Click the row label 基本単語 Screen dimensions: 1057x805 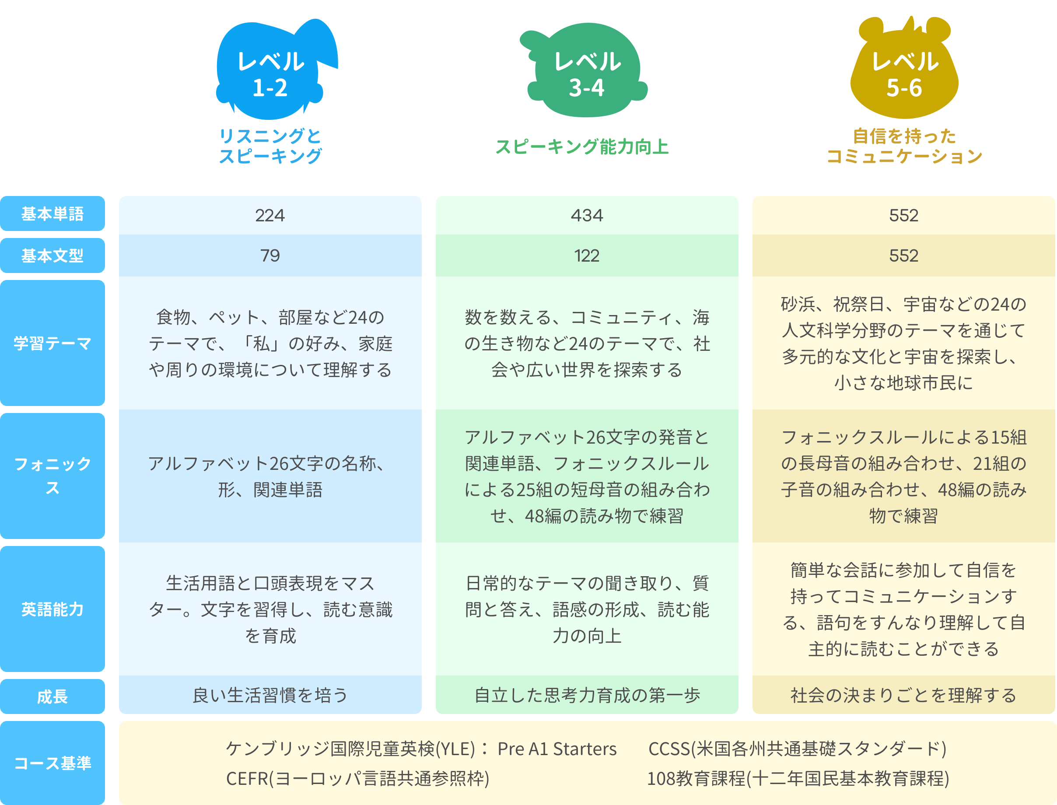[x=52, y=213]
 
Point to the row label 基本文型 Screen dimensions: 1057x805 [x=52, y=255]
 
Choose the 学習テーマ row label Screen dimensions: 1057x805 [x=52, y=343]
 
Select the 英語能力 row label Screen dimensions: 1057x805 [x=52, y=609]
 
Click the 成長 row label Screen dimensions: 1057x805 [x=52, y=696]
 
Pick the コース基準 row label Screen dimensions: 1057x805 [x=52, y=763]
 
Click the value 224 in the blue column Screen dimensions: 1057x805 [x=270, y=216]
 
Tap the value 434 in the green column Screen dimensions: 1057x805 [x=587, y=216]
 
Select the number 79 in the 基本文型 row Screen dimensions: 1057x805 [x=270, y=255]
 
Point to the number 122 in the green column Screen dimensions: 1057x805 [x=587, y=255]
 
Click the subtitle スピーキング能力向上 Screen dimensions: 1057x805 [x=582, y=147]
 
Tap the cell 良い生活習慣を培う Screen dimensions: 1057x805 [x=270, y=695]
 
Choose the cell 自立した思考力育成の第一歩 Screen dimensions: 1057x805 [x=587, y=695]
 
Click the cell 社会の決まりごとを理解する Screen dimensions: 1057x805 [x=904, y=695]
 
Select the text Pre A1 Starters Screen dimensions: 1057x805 [x=557, y=749]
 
